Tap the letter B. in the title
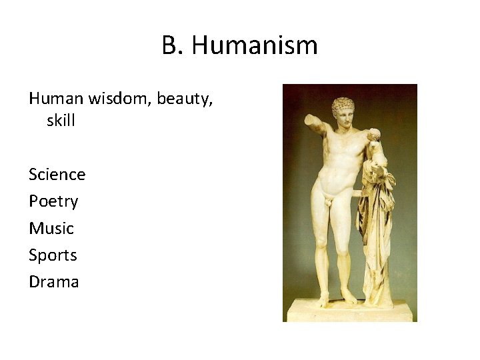tap(171, 46)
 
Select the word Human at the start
tap(57, 99)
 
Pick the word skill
tap(62, 121)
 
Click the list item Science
tap(57, 175)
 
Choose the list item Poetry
tap(53, 201)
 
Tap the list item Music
tap(51, 228)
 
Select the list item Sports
tap(53, 255)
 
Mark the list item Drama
tap(54, 282)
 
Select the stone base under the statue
tap(349, 311)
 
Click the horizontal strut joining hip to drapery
tap(357, 194)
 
